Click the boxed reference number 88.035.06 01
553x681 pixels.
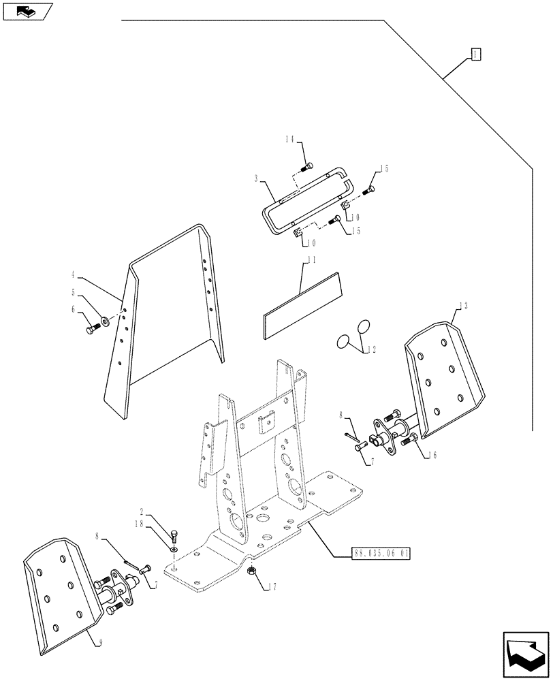[x=382, y=554]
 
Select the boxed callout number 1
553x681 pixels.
[x=476, y=54]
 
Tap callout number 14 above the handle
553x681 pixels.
[x=289, y=140]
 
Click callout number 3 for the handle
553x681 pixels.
[x=255, y=178]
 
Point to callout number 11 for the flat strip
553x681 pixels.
[x=312, y=259]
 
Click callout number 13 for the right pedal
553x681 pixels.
[x=464, y=306]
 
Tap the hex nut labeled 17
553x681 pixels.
[x=251, y=570]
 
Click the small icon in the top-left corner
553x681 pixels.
[x=27, y=12]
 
